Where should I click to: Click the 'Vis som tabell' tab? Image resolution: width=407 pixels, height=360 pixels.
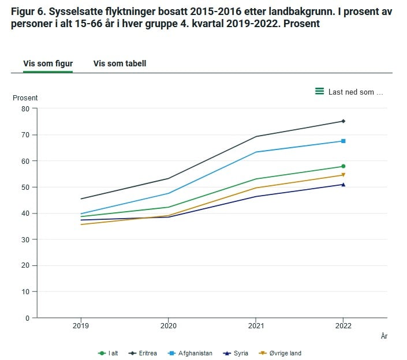point(120,63)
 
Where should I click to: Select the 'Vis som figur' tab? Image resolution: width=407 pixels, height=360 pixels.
point(48,63)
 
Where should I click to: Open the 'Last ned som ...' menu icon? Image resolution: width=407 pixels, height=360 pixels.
point(319,91)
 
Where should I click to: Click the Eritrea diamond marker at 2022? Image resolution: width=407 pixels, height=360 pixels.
point(343,121)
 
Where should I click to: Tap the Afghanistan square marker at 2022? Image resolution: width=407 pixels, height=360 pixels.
point(343,141)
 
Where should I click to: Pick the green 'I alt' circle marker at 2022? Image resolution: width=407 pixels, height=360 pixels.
point(343,166)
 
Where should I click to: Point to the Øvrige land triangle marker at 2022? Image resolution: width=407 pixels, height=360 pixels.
point(343,175)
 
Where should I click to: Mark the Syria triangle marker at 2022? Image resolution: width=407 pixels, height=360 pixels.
point(343,185)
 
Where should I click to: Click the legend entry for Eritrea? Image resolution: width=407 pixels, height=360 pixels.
point(143,353)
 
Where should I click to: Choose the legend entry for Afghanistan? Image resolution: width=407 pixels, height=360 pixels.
point(191,353)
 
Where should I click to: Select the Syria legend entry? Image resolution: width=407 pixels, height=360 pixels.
point(236,353)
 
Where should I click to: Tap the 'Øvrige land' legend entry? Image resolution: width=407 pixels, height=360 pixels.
point(281,353)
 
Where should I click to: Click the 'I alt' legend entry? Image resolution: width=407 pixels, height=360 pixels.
point(108,353)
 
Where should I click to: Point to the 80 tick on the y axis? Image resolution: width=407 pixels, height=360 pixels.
point(25,109)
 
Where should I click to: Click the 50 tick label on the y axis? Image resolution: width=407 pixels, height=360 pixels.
point(25,187)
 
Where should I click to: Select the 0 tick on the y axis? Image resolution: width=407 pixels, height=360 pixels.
point(27,318)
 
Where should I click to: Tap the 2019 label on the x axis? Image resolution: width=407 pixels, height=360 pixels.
point(81,326)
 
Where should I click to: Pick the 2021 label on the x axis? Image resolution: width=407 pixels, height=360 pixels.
point(256,326)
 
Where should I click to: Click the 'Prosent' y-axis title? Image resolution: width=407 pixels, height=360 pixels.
point(25,98)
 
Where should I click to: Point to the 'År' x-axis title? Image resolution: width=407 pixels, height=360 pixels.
point(384,336)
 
